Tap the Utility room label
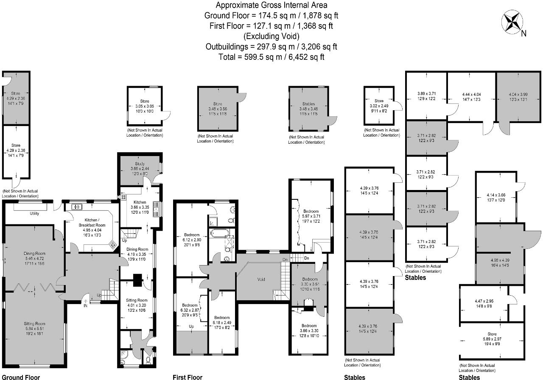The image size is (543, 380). pos(34,213)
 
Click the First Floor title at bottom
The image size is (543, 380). pos(188,377)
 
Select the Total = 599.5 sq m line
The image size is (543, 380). pos(271,57)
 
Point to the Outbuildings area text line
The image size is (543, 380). pos(271,47)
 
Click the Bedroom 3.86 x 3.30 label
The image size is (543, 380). pos(310,331)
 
